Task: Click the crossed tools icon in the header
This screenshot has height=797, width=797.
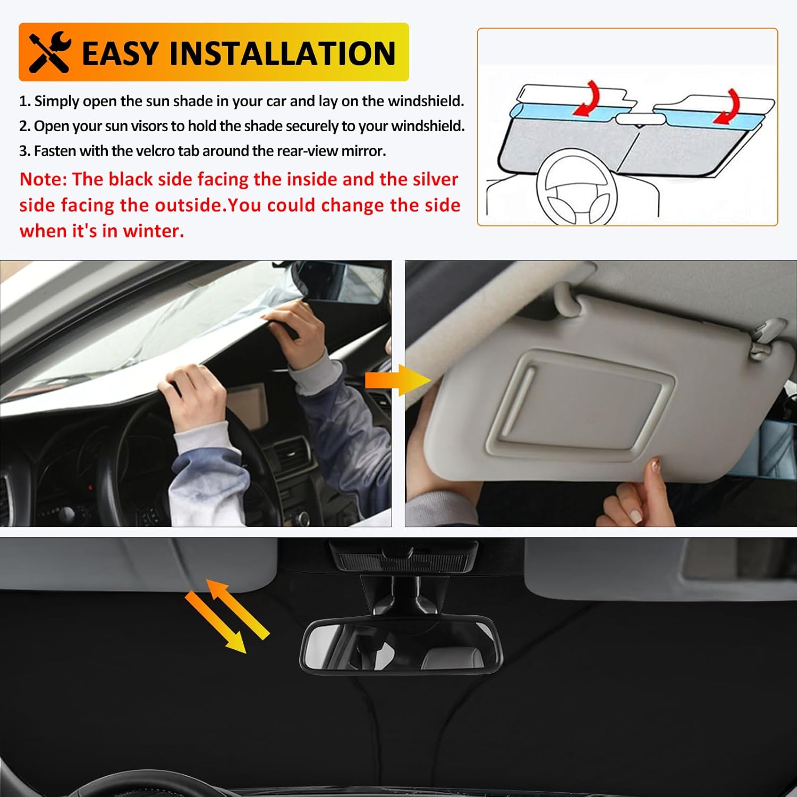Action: [x=49, y=52]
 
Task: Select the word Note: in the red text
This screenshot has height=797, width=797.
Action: [x=44, y=180]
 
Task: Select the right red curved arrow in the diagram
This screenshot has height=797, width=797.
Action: [x=726, y=106]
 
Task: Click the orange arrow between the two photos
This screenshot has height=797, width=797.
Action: [x=398, y=380]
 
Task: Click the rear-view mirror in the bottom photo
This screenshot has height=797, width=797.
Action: [x=402, y=645]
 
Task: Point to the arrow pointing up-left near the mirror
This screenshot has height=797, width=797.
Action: [x=237, y=609]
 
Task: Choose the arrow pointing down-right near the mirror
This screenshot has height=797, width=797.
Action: [x=216, y=623]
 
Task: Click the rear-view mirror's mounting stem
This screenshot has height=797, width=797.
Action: [x=404, y=595]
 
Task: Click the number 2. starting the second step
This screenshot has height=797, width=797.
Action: [x=25, y=126]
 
